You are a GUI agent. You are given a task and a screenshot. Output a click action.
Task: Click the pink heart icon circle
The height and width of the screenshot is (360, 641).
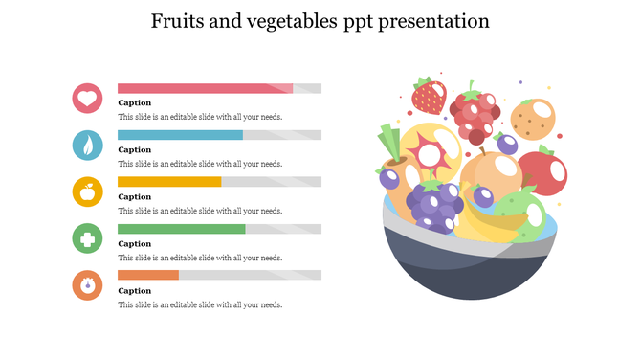(87, 98)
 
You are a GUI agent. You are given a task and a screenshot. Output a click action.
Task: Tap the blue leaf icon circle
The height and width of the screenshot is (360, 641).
(87, 145)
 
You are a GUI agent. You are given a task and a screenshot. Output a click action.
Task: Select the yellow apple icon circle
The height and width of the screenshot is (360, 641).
(87, 191)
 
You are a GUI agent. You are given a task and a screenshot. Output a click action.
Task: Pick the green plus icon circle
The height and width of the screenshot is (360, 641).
(87, 238)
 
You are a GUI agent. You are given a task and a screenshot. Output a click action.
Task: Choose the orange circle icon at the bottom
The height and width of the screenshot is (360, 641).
(87, 284)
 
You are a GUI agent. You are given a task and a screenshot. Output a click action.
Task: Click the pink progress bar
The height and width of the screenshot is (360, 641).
(205, 88)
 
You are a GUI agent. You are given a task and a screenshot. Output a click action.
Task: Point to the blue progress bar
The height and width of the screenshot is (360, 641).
(180, 135)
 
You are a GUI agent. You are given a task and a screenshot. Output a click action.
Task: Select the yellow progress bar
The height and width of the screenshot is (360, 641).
(169, 182)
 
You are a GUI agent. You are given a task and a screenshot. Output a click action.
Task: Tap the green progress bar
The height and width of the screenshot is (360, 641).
(181, 229)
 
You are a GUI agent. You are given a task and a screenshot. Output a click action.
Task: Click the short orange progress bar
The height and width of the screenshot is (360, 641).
(148, 275)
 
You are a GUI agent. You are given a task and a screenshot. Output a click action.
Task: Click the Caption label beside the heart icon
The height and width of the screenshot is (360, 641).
(135, 102)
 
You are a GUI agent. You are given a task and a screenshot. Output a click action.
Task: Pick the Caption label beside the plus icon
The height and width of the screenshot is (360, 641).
(135, 243)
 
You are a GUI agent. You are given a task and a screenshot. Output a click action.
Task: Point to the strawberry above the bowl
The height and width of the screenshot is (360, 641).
(428, 95)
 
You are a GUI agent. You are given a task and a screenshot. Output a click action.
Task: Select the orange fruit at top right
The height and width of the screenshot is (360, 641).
(530, 120)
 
